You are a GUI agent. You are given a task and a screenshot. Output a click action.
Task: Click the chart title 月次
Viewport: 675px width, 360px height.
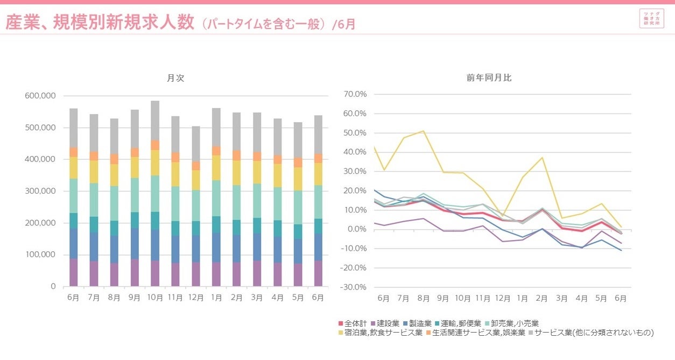(x=175, y=78)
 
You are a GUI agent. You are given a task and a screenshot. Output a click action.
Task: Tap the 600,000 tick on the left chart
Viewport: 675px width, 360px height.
(x=40, y=96)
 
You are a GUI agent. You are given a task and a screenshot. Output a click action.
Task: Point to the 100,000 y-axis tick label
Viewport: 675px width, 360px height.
(x=40, y=255)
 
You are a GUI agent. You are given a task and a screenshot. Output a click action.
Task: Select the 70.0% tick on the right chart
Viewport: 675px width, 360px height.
(x=355, y=94)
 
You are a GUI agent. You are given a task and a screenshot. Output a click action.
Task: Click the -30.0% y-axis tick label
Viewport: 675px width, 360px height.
(x=354, y=287)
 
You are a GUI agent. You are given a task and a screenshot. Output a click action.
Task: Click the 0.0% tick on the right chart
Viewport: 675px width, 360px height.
(x=357, y=229)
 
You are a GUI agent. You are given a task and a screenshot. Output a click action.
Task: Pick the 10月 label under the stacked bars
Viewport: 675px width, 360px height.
(x=155, y=298)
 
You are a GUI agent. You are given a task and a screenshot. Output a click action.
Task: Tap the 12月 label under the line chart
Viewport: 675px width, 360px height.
(x=503, y=298)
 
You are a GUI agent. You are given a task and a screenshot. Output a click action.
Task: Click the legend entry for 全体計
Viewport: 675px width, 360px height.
(x=353, y=323)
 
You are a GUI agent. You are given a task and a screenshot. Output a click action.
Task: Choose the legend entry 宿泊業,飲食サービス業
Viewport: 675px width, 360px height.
(x=379, y=333)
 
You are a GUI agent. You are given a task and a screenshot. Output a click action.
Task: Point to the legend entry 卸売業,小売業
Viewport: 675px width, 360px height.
(x=511, y=323)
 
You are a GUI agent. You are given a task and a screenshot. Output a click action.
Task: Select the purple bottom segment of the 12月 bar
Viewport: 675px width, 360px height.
(x=196, y=274)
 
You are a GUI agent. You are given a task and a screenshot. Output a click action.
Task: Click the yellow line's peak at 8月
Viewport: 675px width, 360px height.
(x=423, y=131)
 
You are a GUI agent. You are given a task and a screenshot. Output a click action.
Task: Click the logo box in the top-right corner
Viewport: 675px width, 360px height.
(x=651, y=19)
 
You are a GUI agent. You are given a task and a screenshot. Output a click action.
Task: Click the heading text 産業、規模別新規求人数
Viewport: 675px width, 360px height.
(x=100, y=23)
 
